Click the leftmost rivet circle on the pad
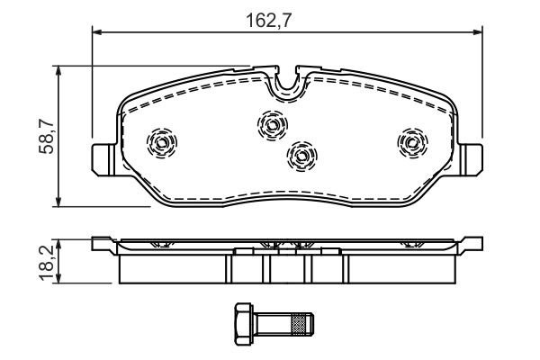pyautogui.click(x=163, y=141)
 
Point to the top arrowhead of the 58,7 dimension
pyautogui.click(x=58, y=69)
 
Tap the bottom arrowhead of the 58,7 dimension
pyautogui.click(x=58, y=202)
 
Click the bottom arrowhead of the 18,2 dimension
pyautogui.click(x=58, y=279)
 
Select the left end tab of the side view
pyautogui.click(x=103, y=242)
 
